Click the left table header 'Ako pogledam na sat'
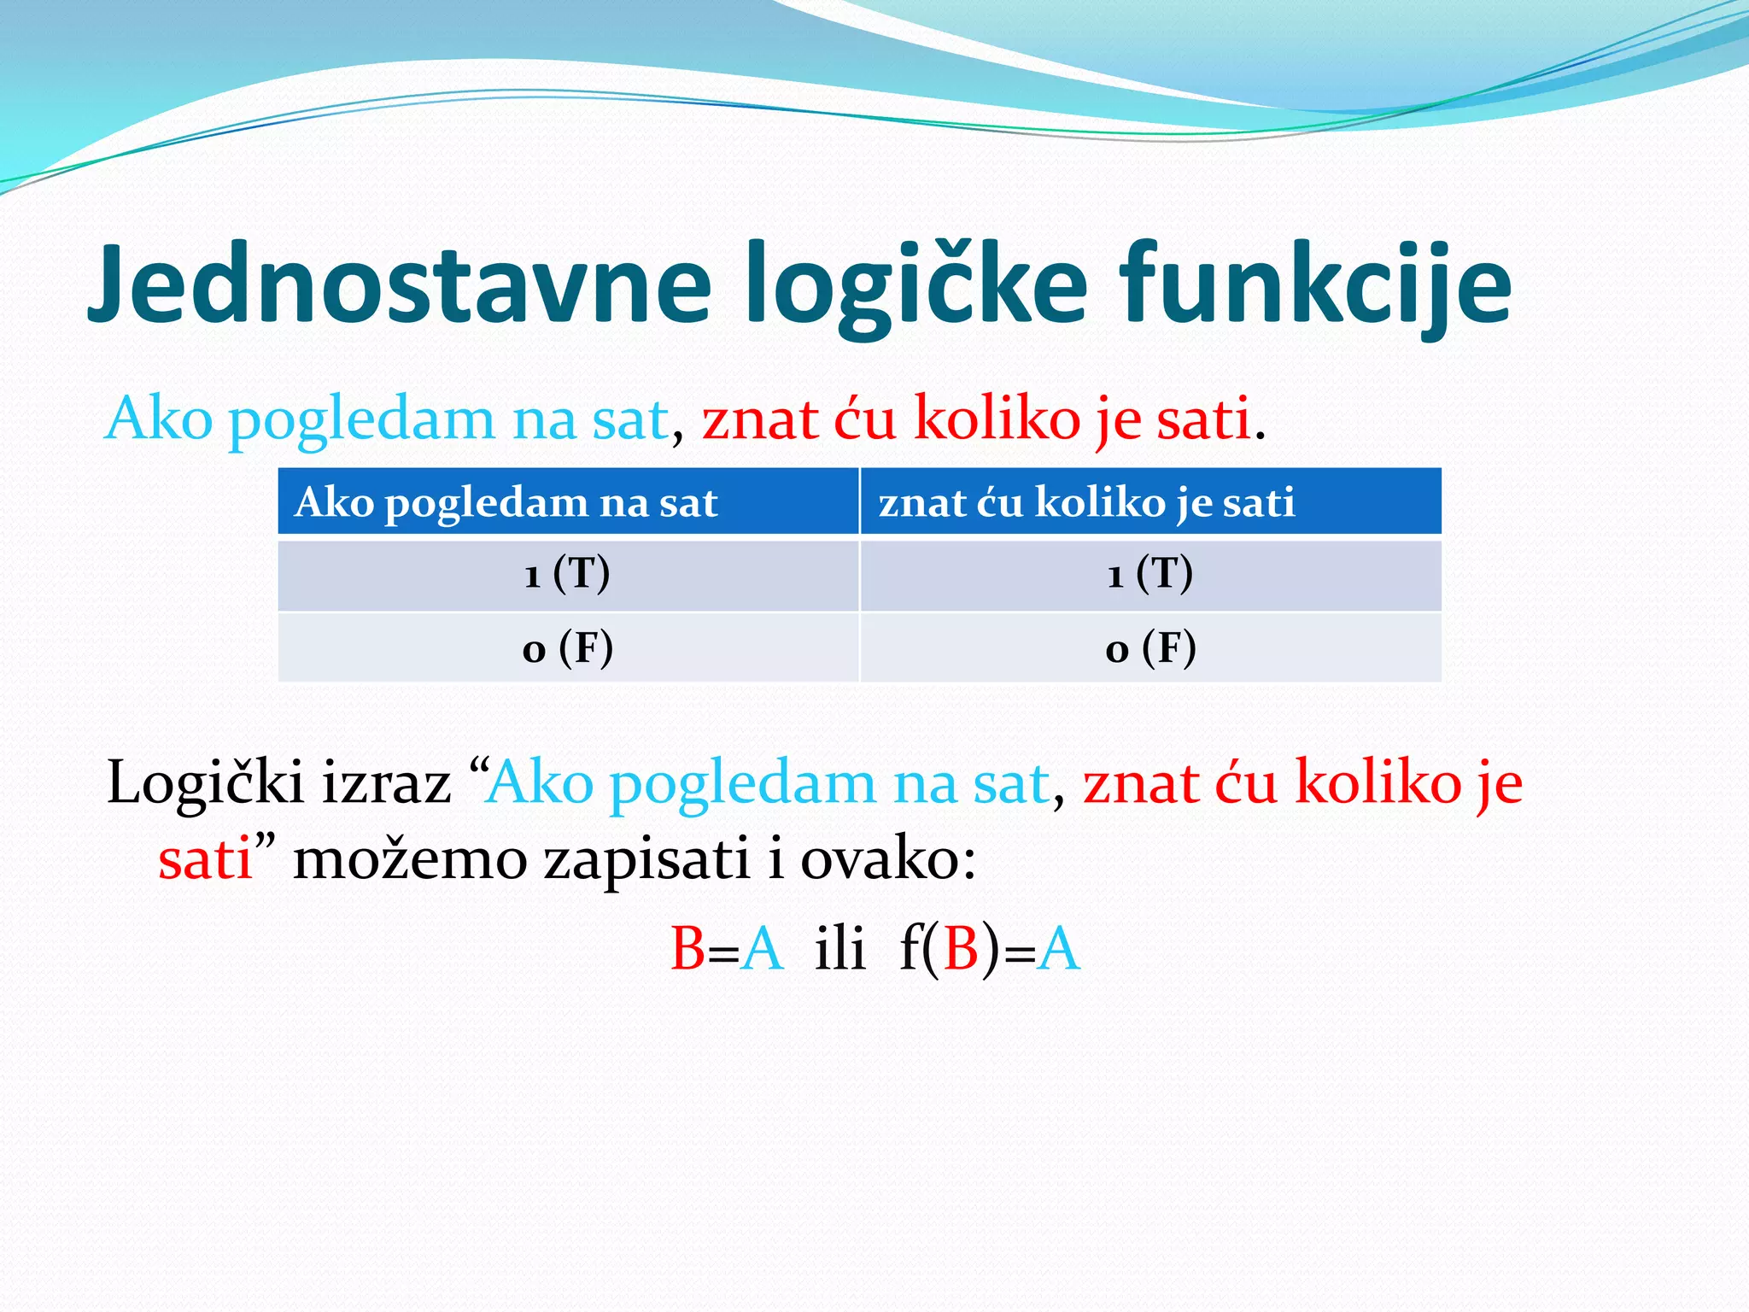coord(506,502)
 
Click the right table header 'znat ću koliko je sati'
coord(1086,502)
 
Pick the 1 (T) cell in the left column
coord(567,574)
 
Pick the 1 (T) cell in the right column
coord(1149,574)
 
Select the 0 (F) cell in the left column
coord(567,648)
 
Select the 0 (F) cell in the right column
coord(1149,648)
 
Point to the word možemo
coord(410,859)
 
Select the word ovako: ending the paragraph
coord(888,859)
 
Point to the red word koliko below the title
coord(986,419)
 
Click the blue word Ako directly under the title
coord(159,419)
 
